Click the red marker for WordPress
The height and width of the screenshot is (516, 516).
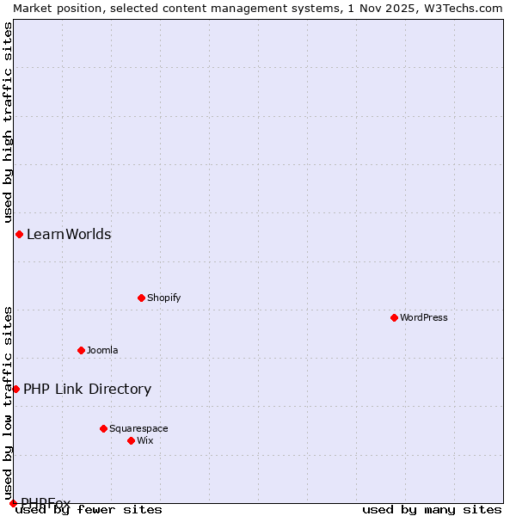(394, 317)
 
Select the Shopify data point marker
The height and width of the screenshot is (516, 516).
(141, 298)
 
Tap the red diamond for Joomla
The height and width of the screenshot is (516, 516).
(81, 350)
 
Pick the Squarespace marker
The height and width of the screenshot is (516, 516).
(103, 428)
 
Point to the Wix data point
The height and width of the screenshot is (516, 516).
(131, 440)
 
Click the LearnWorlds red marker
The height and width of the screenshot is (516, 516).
(19, 234)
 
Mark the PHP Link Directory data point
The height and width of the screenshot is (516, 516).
(15, 389)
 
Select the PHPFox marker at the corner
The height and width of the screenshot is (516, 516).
(13, 503)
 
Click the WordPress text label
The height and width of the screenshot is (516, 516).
(424, 317)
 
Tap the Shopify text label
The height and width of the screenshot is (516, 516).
(163, 298)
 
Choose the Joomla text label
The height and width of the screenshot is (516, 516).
(102, 350)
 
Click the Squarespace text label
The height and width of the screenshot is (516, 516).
(138, 428)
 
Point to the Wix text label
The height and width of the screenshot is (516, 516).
(144, 440)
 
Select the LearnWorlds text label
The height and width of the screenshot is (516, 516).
(69, 234)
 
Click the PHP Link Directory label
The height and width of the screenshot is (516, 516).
(87, 389)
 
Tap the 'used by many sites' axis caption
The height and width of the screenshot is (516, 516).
(432, 509)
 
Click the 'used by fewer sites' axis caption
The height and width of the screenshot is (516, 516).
(89, 509)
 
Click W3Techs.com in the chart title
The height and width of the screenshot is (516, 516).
(461, 8)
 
